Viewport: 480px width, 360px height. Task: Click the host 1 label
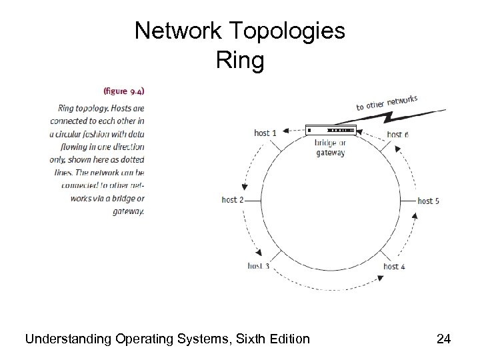coord(265,133)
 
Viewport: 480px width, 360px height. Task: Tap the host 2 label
coord(233,199)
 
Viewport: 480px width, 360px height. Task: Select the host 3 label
coord(259,266)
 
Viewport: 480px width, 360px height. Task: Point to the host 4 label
coord(395,267)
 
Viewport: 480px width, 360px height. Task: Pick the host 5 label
coord(428,200)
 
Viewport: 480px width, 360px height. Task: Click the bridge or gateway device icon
coord(331,129)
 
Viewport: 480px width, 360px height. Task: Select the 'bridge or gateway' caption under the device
coord(330,147)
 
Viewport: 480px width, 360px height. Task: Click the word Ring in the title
coord(240,61)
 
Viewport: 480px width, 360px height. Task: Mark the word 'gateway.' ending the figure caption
coord(129,211)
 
